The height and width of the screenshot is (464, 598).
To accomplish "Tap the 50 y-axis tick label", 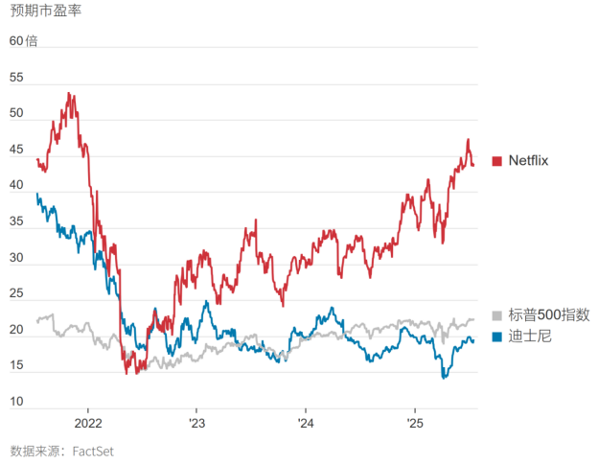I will coord(16,113).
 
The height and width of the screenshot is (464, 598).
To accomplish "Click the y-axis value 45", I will coord(16,150).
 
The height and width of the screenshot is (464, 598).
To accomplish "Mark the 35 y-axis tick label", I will coord(16,222).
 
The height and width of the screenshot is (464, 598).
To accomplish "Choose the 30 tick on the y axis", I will coord(16,258).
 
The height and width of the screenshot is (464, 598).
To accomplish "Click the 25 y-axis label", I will coord(16,294).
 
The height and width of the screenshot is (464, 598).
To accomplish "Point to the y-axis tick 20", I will coord(16,330).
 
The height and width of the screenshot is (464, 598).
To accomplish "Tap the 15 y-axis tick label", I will coord(16,366).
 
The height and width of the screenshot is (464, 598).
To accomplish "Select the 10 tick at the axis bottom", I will coord(16,402).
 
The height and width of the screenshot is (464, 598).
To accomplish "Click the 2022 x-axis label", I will coord(87,423).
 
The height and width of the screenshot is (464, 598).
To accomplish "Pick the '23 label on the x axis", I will coord(196,423).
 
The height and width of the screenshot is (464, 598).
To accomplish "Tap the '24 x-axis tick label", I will coord(306,423).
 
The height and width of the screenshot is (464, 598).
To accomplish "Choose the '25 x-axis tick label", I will coord(415,423).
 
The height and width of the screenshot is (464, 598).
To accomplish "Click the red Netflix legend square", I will coord(496,161).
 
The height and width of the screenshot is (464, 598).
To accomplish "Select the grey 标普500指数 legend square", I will coord(496,315).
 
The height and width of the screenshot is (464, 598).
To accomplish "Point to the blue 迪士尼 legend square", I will coord(496,336).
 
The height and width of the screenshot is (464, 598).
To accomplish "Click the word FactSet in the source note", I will coord(100,450).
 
